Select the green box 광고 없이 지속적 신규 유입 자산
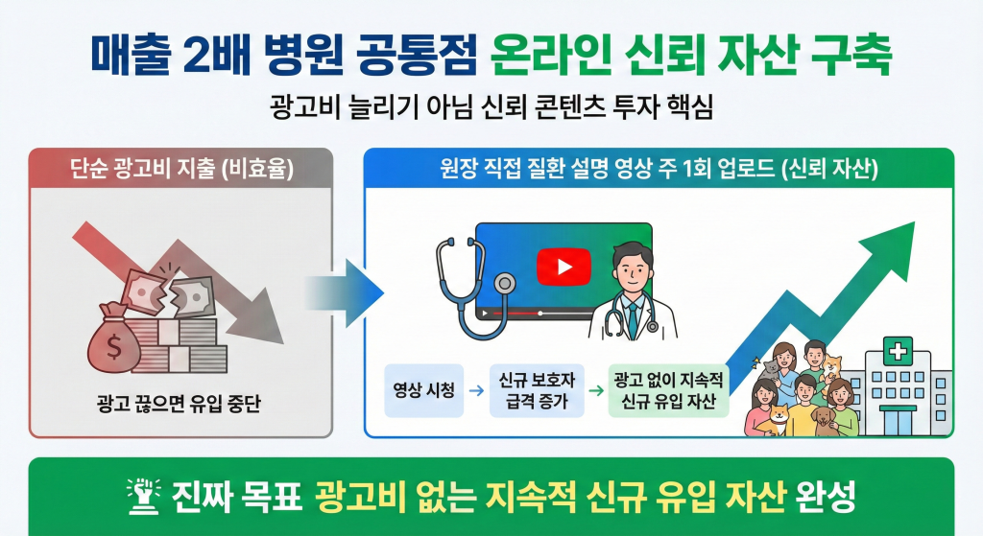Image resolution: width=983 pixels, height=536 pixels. pos(669,390)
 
